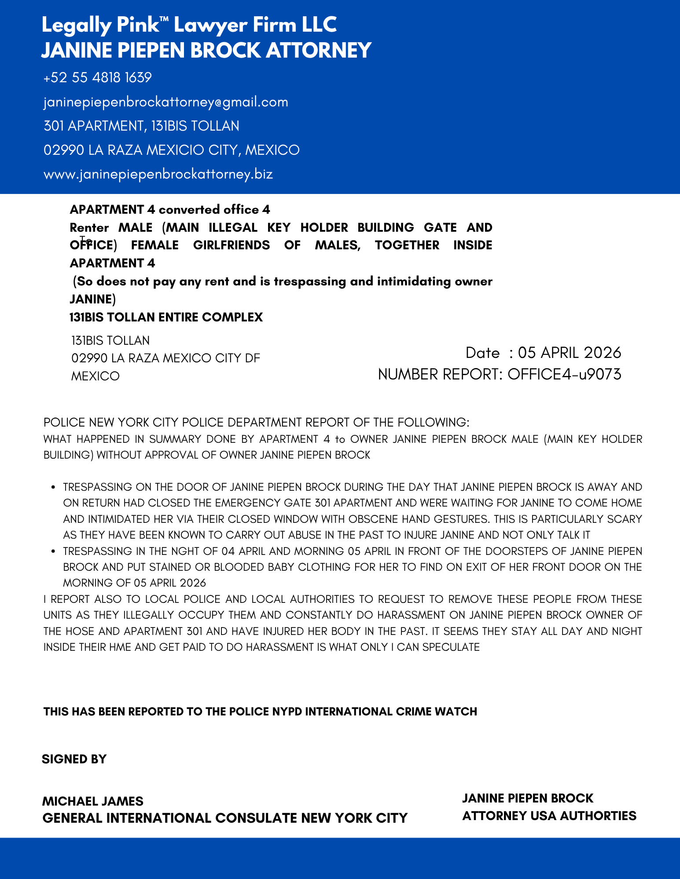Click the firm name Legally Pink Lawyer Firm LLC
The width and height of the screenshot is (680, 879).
pos(189,25)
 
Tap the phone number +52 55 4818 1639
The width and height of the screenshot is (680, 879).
pos(98,78)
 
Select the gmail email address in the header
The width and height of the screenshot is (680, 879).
pos(166,102)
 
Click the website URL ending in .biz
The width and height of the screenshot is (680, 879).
pos(158,174)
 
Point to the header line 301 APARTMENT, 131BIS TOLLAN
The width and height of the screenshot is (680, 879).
pos(141,126)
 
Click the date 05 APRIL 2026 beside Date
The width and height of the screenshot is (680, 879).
pos(570,353)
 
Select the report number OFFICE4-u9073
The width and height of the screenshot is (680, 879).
pos(564,374)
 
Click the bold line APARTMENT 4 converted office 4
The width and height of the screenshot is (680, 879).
pos(170,209)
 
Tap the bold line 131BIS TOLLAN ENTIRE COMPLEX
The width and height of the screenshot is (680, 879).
pos(166,317)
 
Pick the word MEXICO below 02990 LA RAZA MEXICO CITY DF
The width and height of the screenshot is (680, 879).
pos(96,376)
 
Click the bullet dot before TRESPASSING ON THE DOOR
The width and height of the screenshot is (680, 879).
pos(53,487)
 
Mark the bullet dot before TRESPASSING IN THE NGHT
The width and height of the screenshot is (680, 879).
pos(53,551)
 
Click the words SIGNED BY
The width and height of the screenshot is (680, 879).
pos(74,759)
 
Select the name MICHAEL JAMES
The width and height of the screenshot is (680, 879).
pos(93,801)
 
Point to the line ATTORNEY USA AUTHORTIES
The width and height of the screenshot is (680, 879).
pos(549,816)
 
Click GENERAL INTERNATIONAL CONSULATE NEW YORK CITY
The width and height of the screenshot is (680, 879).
pos(225,818)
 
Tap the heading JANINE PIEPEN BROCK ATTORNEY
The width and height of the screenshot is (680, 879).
pos(206,50)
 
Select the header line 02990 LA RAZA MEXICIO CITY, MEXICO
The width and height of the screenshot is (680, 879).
pos(172,150)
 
